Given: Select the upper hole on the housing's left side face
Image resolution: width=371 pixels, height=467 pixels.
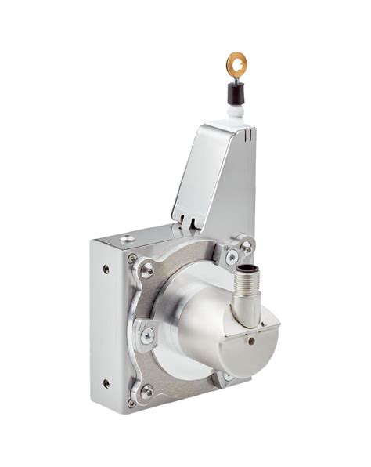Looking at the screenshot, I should pos(106,270).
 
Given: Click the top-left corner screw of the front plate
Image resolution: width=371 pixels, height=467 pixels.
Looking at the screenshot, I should pos(132,259).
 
